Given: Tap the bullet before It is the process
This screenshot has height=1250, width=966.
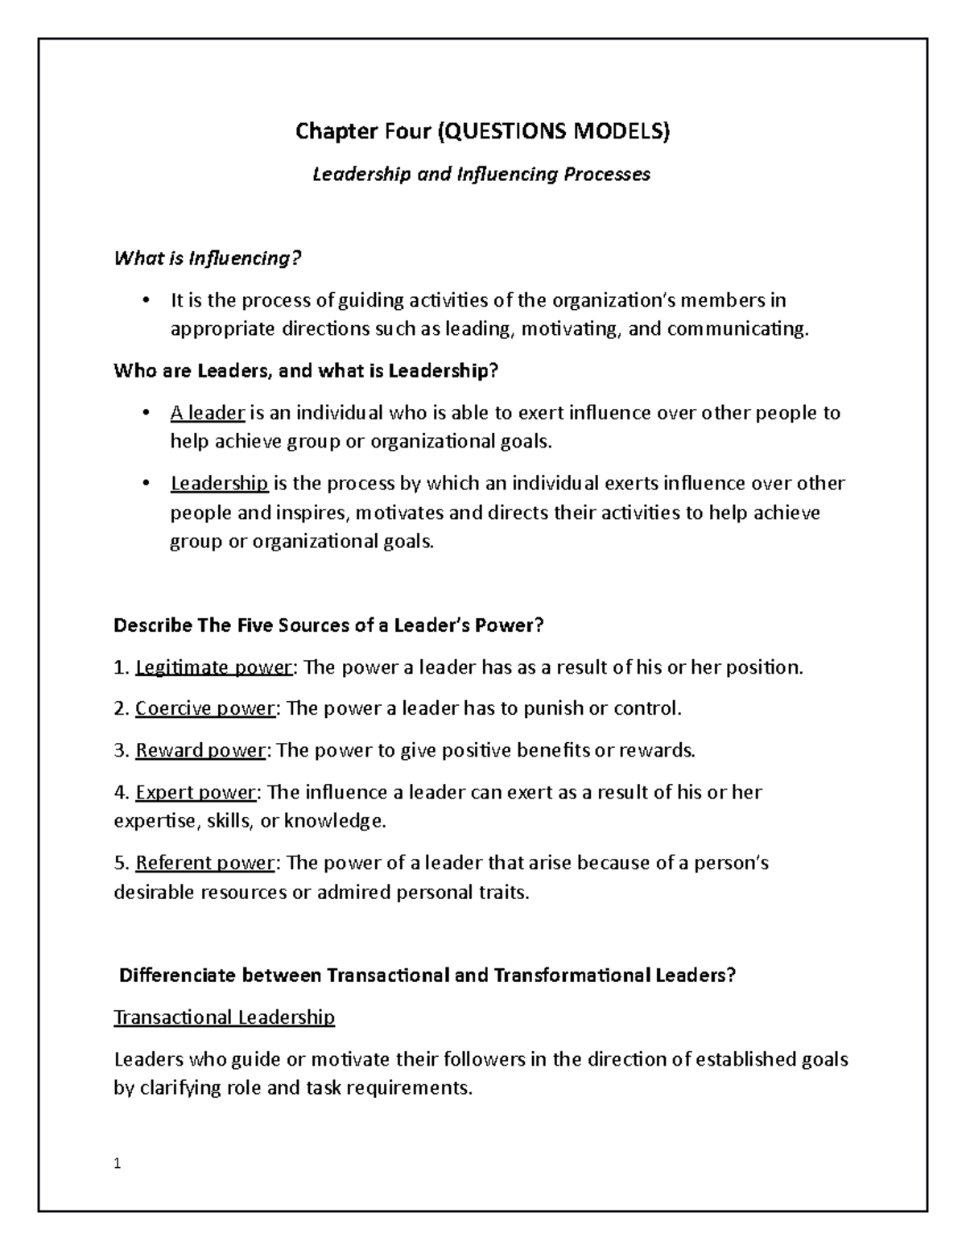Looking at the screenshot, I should pos(145,301).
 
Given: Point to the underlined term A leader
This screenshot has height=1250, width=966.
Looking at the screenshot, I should pos(207,414).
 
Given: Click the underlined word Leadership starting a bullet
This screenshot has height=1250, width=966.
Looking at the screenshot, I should pos(219,484).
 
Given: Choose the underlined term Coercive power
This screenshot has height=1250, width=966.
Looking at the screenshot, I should pos(205,708).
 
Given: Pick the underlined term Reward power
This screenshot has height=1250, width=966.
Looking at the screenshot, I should pos(200,750).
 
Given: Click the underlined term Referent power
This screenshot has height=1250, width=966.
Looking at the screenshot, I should pos(205,863).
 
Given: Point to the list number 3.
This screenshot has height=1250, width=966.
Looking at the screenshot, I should pos(120,750).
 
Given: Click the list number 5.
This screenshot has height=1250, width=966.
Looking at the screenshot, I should pos(120,863).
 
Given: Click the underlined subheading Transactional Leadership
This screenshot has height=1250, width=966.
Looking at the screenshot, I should pos(224,1017).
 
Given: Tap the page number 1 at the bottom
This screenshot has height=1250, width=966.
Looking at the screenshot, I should pos(118,1163).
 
